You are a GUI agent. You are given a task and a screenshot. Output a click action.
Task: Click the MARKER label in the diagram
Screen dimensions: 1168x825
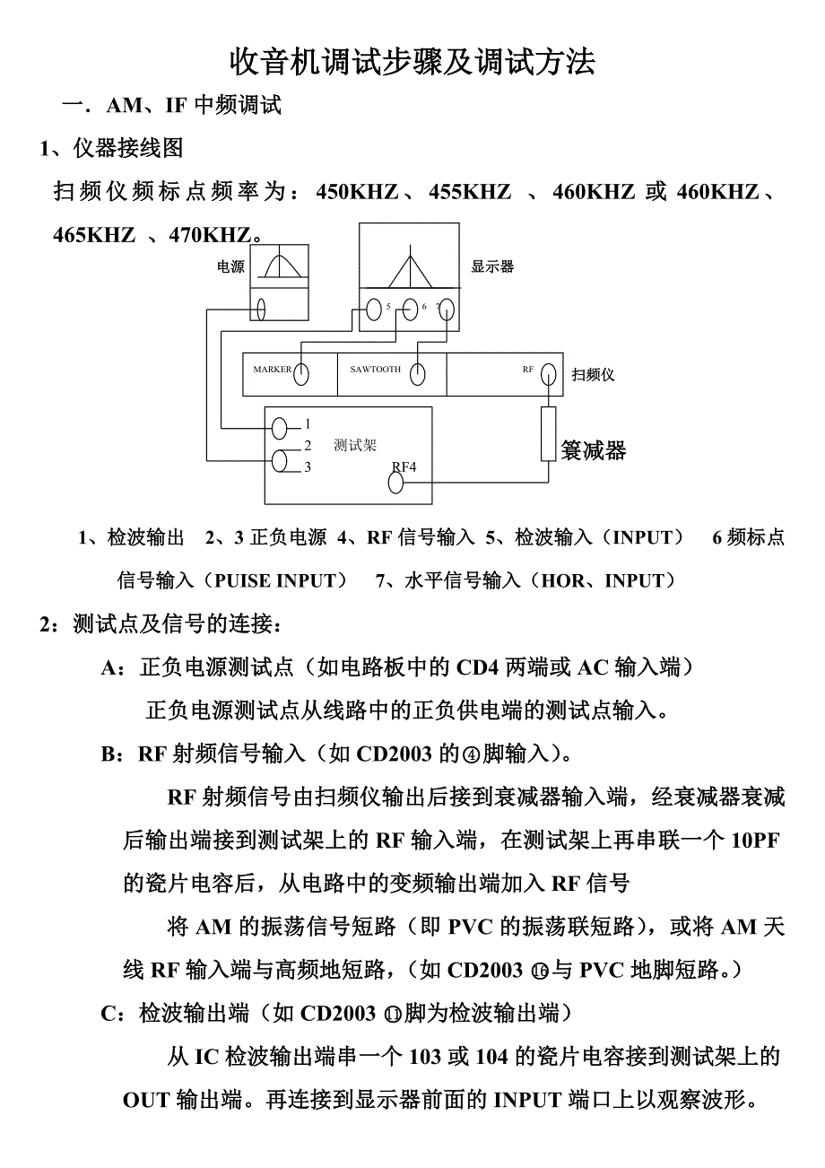272,370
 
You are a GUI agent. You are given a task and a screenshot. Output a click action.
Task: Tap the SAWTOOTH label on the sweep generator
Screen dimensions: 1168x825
375,370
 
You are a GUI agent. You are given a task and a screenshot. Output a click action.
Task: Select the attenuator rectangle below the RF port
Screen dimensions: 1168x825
549,434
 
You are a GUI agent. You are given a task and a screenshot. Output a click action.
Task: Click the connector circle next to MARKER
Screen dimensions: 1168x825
301,374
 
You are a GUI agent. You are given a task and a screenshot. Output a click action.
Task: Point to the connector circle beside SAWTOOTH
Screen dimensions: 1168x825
418,374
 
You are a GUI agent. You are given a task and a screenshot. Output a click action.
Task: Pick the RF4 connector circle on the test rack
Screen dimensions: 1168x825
395,483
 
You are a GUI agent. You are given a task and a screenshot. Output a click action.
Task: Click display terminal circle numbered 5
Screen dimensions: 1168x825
375,310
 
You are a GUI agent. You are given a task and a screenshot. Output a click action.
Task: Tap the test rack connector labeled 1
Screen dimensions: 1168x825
281,426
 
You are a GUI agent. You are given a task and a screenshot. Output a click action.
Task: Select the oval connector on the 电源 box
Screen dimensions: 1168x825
260,309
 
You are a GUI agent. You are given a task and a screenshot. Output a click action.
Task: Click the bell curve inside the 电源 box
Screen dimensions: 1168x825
279,266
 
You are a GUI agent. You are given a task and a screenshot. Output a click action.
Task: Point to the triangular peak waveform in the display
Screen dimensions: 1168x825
410,266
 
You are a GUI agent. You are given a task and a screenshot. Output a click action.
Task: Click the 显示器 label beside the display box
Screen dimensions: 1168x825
492,266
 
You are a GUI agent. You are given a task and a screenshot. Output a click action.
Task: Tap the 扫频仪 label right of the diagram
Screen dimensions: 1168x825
594,374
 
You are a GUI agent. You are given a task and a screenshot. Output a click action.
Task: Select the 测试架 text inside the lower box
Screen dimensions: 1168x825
355,446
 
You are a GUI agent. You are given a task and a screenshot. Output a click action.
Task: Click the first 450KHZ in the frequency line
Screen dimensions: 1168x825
357,192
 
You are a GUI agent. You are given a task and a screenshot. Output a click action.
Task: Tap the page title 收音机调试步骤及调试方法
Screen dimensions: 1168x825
412,62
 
